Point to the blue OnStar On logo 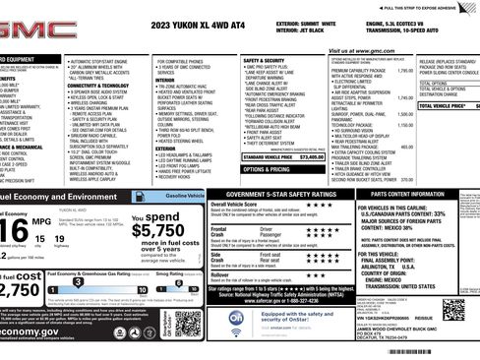click(223, 318)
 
